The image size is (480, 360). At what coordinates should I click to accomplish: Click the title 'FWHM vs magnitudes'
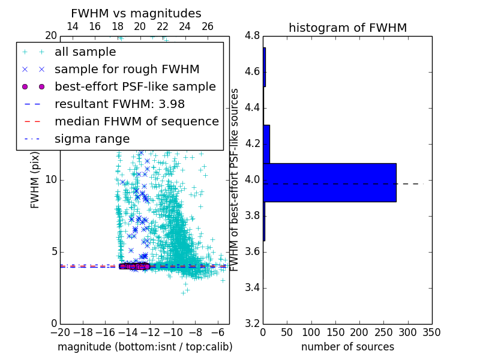coord(136,13)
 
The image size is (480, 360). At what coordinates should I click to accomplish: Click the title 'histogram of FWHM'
coord(347,28)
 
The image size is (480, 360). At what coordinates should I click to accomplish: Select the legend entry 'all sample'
coord(85,52)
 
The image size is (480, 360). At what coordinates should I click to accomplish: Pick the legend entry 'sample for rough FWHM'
coord(127,69)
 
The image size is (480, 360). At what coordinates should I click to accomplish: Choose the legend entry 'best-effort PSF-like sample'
coord(135,86)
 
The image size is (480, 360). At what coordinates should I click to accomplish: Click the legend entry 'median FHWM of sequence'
coord(136,121)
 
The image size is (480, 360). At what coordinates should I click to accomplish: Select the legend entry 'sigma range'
coord(92,139)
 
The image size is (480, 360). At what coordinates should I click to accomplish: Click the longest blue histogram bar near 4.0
coord(329,182)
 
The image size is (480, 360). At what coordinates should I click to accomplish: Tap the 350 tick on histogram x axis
coord(432,332)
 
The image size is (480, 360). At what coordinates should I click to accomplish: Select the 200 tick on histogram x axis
coord(359,332)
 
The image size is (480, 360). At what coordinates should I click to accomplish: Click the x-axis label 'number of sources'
coord(347,347)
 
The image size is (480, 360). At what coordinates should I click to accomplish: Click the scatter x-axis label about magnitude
coord(145,347)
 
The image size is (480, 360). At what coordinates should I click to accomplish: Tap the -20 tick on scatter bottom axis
coord(60,332)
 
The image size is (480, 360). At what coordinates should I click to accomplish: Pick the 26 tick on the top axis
coord(207,26)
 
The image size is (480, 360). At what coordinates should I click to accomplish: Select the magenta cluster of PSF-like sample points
coord(134,266)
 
